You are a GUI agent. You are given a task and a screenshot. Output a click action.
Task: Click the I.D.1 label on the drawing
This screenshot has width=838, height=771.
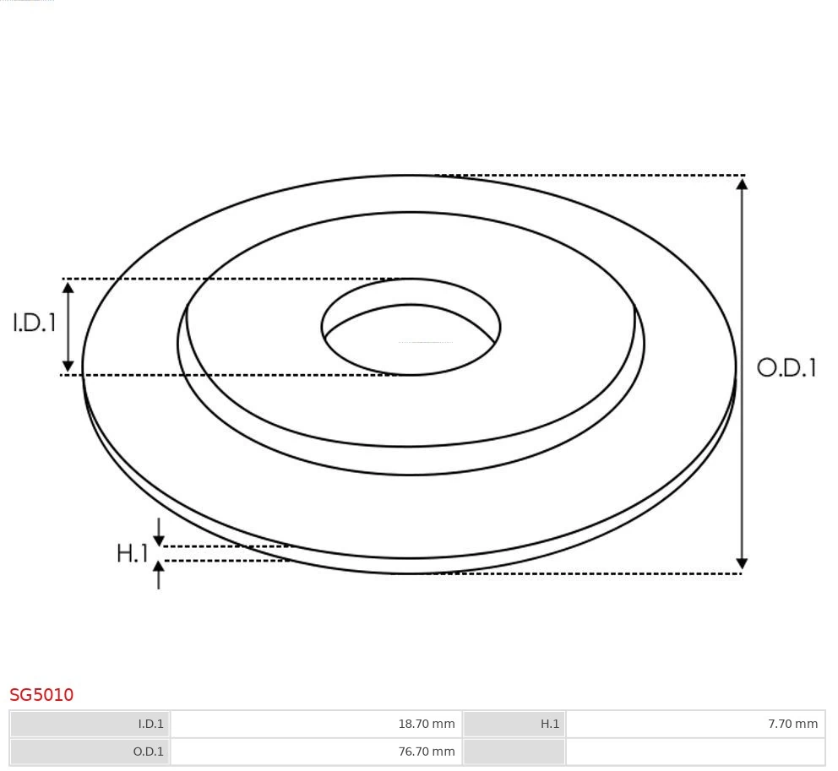[x=35, y=323]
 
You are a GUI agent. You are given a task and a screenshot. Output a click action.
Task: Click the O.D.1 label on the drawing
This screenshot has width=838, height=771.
[x=786, y=367]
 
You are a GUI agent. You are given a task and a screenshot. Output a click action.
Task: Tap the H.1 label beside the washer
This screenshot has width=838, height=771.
[x=132, y=554]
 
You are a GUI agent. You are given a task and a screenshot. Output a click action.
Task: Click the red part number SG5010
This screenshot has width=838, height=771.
[x=41, y=695]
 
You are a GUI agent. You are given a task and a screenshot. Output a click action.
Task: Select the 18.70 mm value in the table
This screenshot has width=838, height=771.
[x=426, y=724]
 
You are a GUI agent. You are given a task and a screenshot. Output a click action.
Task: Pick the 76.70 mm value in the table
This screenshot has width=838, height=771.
[x=426, y=751]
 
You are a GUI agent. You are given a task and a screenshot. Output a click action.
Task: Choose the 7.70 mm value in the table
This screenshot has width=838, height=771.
[x=792, y=724]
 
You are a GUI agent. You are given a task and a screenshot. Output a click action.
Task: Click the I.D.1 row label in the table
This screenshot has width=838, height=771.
[x=150, y=724]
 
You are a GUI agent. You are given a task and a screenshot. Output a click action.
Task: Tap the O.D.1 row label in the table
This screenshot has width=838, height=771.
[x=149, y=751]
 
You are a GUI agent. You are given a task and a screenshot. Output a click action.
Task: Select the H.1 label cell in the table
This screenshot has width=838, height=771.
[x=550, y=724]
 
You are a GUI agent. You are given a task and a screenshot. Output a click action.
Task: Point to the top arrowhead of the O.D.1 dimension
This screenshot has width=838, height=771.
[x=742, y=183]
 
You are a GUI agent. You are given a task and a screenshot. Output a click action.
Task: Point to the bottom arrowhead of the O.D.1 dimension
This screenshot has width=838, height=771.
[x=742, y=564]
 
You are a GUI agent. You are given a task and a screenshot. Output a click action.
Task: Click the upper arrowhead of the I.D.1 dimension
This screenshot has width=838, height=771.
[x=68, y=287]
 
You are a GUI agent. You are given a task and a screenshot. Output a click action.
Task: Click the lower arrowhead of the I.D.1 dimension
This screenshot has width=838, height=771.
[x=68, y=366]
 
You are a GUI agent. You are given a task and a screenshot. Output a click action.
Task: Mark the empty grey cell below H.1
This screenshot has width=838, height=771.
[x=514, y=751]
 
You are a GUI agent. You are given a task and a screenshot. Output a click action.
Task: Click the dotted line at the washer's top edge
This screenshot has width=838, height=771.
[x=591, y=176]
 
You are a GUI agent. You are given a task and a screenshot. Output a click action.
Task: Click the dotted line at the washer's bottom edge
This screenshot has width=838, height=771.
[x=591, y=574]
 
